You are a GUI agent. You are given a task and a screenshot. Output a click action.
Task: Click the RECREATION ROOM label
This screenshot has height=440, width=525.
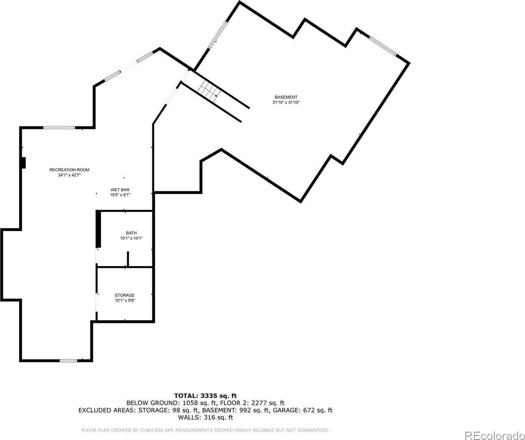pos(69,170)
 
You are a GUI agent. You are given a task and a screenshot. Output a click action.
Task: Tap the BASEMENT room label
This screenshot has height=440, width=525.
pos(286,97)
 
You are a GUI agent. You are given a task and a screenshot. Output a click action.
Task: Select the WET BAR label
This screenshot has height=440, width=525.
pos(120,190)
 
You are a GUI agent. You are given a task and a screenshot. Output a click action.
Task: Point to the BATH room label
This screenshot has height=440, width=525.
pos(131,233)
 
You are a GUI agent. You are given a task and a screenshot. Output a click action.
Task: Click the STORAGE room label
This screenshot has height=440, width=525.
pos(125,295)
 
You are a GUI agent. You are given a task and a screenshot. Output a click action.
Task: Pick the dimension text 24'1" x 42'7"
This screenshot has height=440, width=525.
pos(69,175)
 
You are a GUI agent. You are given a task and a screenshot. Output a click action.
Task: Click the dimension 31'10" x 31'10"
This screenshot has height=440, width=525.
pos(286,102)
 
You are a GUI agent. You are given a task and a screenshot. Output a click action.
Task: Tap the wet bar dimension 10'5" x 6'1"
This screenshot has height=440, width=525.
pos(120,195)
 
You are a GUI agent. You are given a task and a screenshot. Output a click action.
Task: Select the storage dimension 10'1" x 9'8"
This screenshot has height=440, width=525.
pos(125,300)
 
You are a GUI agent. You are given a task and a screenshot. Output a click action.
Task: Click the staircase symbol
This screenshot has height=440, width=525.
pos(209,90)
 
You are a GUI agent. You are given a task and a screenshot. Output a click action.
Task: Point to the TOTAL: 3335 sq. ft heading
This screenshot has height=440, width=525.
pos(205,396)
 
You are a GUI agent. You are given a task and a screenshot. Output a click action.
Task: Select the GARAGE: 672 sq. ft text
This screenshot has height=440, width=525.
pos(303,410)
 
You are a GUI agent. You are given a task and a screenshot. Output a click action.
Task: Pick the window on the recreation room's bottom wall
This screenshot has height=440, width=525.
pos(68,361)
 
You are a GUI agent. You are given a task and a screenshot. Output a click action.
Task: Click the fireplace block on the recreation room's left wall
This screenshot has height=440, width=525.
pos(23,163)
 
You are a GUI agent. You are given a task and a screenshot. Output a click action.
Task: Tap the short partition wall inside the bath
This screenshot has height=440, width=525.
pos(128,259)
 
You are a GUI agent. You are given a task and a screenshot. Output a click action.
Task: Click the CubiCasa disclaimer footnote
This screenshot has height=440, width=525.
pos(205,430)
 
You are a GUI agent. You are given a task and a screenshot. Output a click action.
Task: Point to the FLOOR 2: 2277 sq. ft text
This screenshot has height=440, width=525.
pos(252,403)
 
